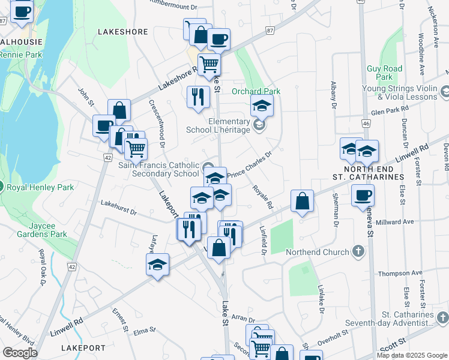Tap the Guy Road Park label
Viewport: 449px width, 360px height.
tap(384, 73)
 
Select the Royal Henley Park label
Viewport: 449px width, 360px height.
tap(40, 187)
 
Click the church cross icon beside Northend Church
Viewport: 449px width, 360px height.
tap(358, 251)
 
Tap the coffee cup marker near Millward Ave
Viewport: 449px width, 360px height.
tap(363, 196)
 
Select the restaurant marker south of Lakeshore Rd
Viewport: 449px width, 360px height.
tap(198, 97)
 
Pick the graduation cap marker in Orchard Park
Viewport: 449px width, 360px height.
tap(262, 107)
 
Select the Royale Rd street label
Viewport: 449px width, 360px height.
tap(262, 197)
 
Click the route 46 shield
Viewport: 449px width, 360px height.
tap(366, 123)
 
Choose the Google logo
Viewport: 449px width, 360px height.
tap(20, 353)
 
